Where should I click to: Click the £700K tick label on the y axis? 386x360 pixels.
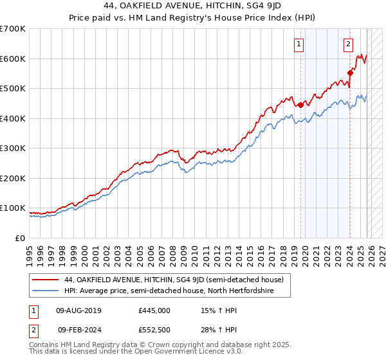pyautogui.click(x=13, y=29)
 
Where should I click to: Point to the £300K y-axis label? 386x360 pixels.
pyautogui.click(x=13, y=148)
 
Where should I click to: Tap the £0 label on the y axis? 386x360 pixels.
pyautogui.click(x=21, y=238)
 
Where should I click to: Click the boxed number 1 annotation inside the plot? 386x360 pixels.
pyautogui.click(x=300, y=44)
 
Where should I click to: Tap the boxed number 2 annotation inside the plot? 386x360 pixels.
pyautogui.click(x=348, y=44)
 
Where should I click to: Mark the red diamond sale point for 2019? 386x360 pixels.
pyautogui.click(x=300, y=105)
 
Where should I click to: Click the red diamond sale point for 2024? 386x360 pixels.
pyautogui.click(x=351, y=73)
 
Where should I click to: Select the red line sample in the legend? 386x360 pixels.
pyautogui.click(x=46, y=280)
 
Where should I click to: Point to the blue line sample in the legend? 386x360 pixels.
pyautogui.click(x=46, y=291)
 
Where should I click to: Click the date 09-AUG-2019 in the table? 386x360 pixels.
pyautogui.click(x=79, y=310)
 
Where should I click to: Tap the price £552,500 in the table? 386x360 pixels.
pyautogui.click(x=154, y=330)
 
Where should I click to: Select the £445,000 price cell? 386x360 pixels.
pyautogui.click(x=154, y=310)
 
